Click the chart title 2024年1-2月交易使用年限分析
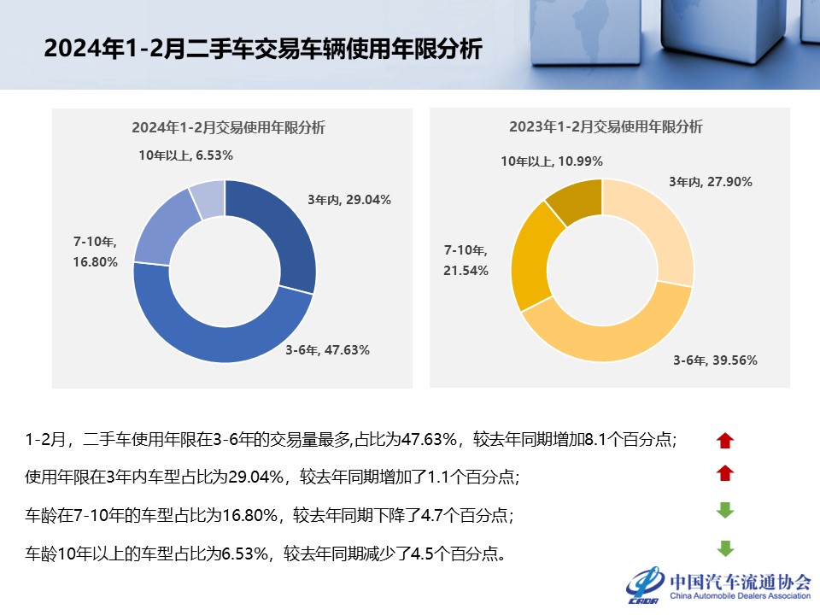[x=228, y=127]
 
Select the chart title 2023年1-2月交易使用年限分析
[x=606, y=127]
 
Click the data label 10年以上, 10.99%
[x=552, y=161]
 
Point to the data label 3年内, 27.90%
[x=710, y=181]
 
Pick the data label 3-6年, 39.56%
[x=715, y=360]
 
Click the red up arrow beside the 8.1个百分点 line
[x=725, y=441]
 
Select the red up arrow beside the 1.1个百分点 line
[x=725, y=472]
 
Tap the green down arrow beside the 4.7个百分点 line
[x=725, y=511]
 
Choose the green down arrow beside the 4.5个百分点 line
[x=725, y=548]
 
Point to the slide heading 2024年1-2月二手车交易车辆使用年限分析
[x=263, y=49]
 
